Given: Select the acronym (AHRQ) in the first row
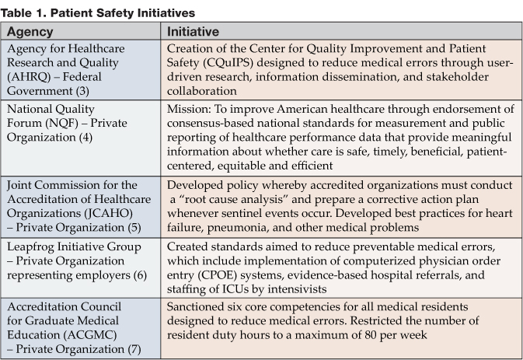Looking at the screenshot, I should click(x=30, y=76).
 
